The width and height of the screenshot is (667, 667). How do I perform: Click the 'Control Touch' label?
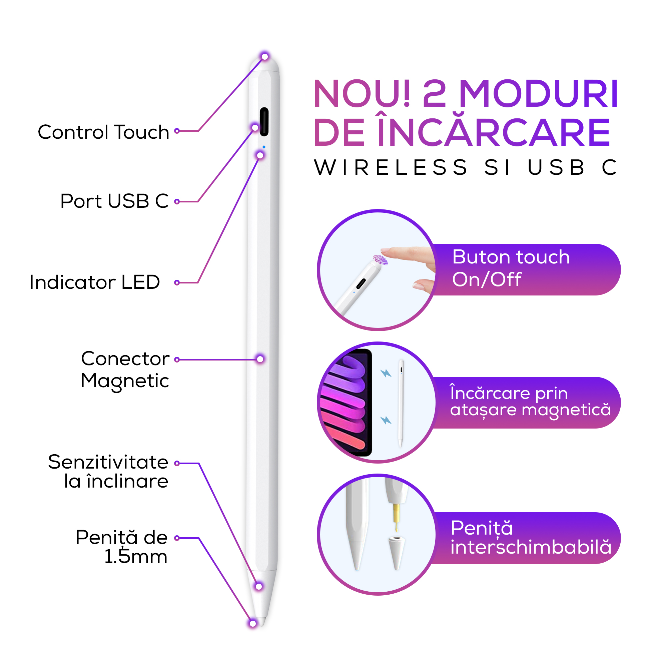103,132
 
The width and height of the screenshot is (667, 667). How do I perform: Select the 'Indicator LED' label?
95,282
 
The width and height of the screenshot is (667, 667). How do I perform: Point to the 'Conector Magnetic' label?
125,370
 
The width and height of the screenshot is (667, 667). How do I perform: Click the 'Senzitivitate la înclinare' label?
108,472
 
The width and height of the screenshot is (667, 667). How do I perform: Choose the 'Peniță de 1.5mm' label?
121,547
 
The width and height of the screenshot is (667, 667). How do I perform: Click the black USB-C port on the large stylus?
264,121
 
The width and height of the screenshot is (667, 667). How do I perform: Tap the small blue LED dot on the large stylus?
264,147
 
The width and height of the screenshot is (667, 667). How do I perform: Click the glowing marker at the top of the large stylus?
265,56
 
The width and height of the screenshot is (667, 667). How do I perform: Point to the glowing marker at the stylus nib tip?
253,624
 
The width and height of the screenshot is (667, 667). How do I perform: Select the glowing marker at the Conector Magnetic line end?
260,360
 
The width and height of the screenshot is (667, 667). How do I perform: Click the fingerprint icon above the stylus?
381,259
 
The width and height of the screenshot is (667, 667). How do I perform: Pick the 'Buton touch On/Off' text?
511,268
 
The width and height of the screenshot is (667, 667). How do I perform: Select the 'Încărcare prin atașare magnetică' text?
531,402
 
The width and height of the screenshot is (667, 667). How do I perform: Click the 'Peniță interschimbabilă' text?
531,538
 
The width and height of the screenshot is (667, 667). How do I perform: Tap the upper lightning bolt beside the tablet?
386,373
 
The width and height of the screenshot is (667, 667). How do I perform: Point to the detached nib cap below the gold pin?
397,553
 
